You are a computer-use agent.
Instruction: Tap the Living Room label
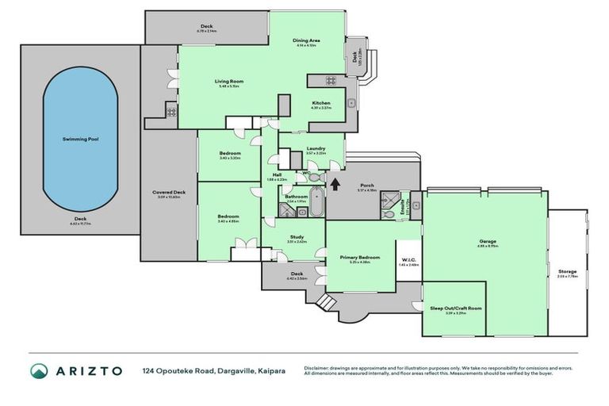(x=228, y=81)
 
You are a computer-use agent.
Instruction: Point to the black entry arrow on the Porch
(x=333, y=185)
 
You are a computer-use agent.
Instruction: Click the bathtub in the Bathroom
(x=316, y=202)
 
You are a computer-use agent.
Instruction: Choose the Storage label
(x=567, y=272)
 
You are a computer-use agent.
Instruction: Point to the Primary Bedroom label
(x=360, y=257)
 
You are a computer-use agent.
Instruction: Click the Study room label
(x=296, y=237)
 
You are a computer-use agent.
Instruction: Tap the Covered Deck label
(x=169, y=193)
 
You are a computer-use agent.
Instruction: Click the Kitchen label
(x=320, y=103)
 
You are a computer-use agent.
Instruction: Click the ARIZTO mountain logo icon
(x=39, y=370)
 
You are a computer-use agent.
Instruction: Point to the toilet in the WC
(x=314, y=178)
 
